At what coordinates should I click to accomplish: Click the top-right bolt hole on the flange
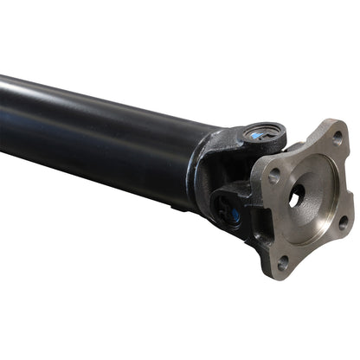[x=337, y=138]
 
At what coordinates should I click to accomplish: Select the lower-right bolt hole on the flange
[x=343, y=222]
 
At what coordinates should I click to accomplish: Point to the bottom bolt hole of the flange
[x=283, y=262]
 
